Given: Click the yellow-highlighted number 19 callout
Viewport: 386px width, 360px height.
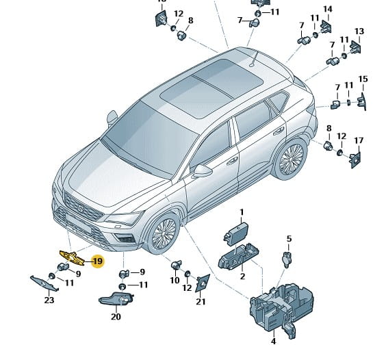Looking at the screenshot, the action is click(98, 261).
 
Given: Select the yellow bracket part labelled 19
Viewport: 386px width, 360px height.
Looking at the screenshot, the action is click(73, 257).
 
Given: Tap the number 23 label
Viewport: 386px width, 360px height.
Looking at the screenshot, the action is click(49, 300).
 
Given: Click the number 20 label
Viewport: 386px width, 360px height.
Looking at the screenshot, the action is click(116, 317).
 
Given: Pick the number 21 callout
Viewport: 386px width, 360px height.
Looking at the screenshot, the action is click(201, 302).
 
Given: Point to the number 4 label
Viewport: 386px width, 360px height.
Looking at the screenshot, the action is click(273, 342).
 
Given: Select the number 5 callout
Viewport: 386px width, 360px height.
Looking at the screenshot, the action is click(289, 239).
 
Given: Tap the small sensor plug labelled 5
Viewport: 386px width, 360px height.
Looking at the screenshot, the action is click(287, 259).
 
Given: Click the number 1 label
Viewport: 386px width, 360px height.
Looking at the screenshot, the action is click(242, 212).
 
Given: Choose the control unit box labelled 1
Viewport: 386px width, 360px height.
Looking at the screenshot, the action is click(236, 233).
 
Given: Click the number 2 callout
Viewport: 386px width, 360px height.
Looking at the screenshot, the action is click(242, 277).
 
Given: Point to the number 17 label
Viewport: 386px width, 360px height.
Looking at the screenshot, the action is click(359, 140).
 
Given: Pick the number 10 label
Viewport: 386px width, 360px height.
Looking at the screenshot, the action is click(175, 280).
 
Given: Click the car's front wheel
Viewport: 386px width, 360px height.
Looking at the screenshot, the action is click(164, 233).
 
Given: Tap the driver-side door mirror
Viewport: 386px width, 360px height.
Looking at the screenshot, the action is click(203, 170).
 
